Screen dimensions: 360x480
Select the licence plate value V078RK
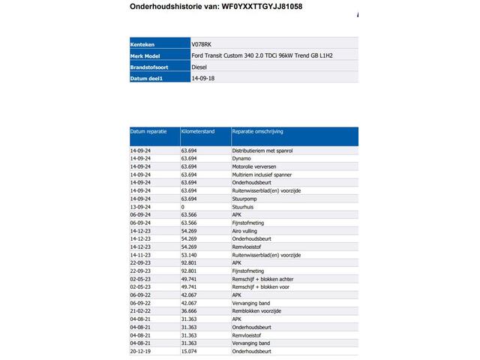tap(203, 44)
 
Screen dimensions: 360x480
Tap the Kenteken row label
tap(143, 44)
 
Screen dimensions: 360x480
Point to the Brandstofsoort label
tap(150, 66)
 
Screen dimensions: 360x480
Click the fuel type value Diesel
tap(199, 66)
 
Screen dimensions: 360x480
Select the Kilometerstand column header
tap(198, 131)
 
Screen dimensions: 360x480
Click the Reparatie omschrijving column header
tap(257, 131)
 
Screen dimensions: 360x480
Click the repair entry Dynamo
tap(241, 159)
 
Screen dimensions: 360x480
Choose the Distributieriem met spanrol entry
tap(261, 151)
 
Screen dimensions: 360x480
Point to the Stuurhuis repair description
tap(244, 206)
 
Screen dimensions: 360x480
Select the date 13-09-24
tap(141, 206)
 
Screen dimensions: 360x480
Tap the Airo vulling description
tap(246, 231)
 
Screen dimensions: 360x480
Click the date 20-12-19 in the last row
tap(141, 350)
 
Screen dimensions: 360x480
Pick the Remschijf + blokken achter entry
tap(262, 279)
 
